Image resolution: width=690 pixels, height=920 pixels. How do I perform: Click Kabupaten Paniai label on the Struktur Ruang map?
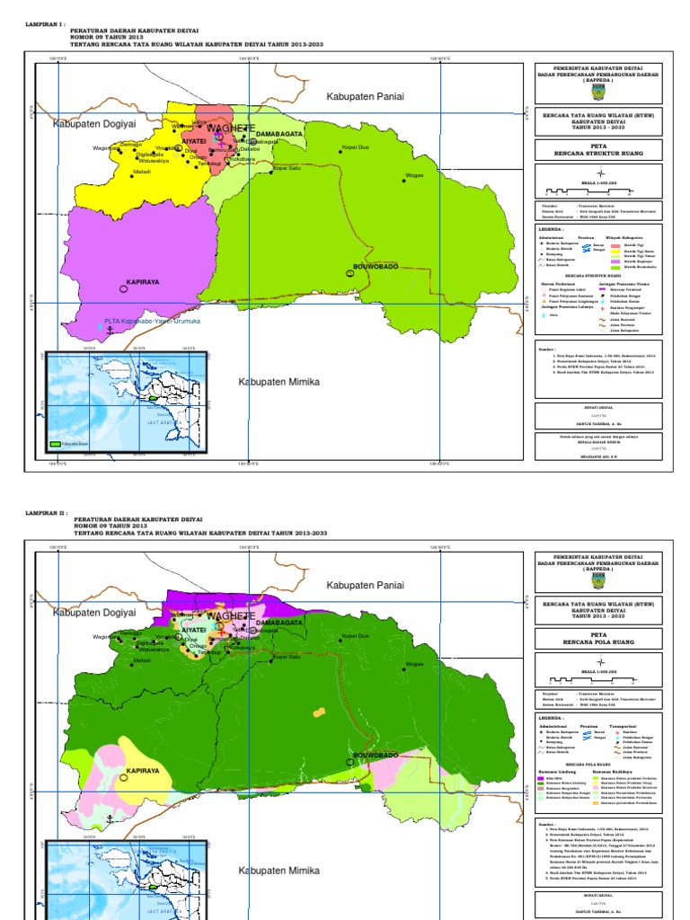(365, 95)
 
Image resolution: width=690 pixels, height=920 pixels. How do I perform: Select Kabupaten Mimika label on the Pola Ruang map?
(279, 871)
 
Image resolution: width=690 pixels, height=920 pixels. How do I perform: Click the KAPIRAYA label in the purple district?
(142, 281)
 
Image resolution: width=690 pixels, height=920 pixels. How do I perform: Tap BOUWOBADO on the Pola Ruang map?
(375, 757)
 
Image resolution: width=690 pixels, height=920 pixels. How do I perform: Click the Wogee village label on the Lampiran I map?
(414, 175)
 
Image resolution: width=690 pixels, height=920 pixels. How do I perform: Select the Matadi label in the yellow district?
(142, 171)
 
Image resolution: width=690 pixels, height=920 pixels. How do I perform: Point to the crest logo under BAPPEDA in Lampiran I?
(597, 91)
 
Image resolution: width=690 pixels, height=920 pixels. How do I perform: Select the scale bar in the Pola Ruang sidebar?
(597, 679)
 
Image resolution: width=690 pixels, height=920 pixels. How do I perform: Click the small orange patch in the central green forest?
(318, 711)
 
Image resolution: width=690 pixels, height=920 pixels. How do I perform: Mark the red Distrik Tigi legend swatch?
(616, 243)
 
